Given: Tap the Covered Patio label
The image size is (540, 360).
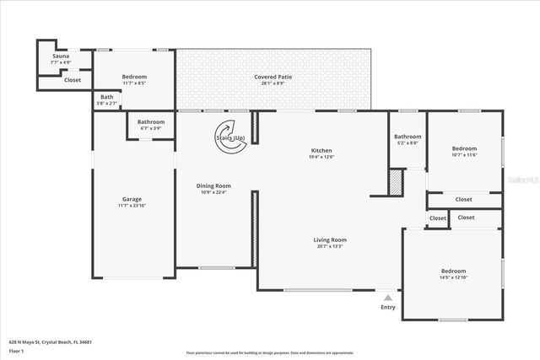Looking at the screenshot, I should [x=273, y=77].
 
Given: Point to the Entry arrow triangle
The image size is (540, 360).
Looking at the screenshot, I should [x=387, y=298].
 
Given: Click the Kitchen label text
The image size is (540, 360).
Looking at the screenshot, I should [x=321, y=150].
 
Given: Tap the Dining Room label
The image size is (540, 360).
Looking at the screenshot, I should [x=213, y=185].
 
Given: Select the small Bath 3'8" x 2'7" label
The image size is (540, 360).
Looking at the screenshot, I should [x=107, y=97].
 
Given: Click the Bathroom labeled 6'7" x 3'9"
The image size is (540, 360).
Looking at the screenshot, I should [x=151, y=122].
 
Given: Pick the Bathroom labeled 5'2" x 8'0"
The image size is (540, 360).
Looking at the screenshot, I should [x=408, y=137].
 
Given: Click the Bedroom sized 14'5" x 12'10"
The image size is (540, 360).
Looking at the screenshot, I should [x=452, y=271].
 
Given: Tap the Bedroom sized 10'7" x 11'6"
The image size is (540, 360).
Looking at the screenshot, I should [x=464, y=148].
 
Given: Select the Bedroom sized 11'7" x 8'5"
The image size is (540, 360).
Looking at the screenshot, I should [x=134, y=77].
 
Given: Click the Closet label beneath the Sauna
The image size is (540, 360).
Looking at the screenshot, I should [x=73, y=80].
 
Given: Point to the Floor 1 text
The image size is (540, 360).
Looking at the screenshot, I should [x=17, y=350].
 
